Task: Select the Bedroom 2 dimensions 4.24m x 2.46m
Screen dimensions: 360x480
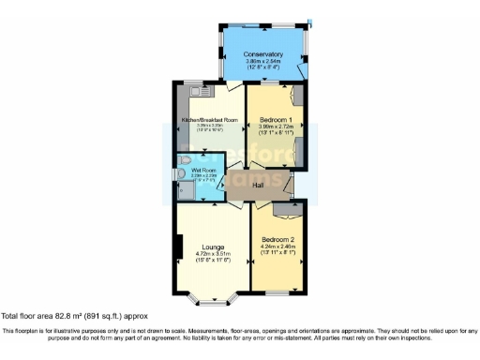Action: (279, 246)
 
